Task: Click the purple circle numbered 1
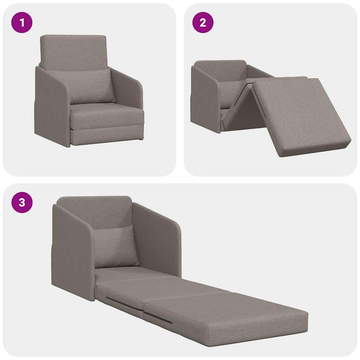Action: [x=22, y=22]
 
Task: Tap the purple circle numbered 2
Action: [x=203, y=22]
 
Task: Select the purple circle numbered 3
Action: [x=22, y=202]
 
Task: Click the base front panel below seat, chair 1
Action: [x=103, y=136]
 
